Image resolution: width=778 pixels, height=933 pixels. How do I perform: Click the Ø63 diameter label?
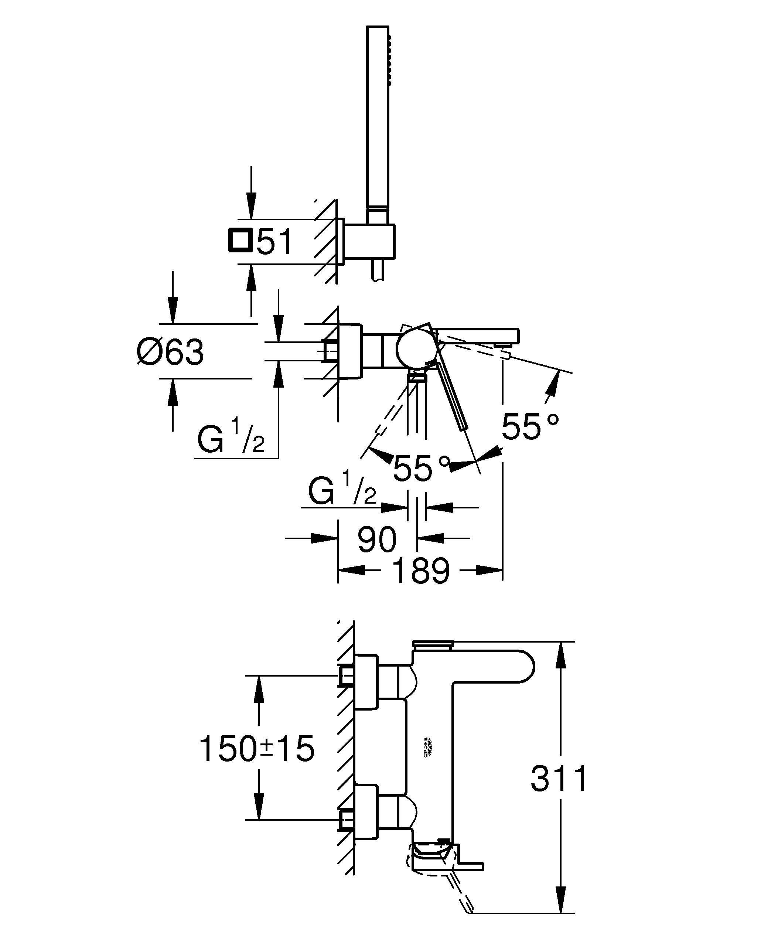pos(171,352)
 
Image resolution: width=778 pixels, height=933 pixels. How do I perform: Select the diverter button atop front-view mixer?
pos(433,643)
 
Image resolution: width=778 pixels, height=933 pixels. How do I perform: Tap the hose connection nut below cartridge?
pos(417,378)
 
